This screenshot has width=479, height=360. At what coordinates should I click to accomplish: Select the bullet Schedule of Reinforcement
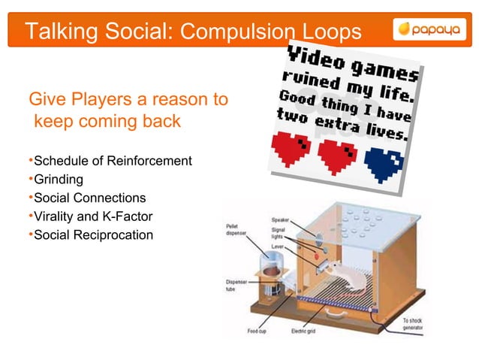click(110, 162)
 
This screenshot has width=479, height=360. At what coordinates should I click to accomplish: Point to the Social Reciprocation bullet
click(91, 235)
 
